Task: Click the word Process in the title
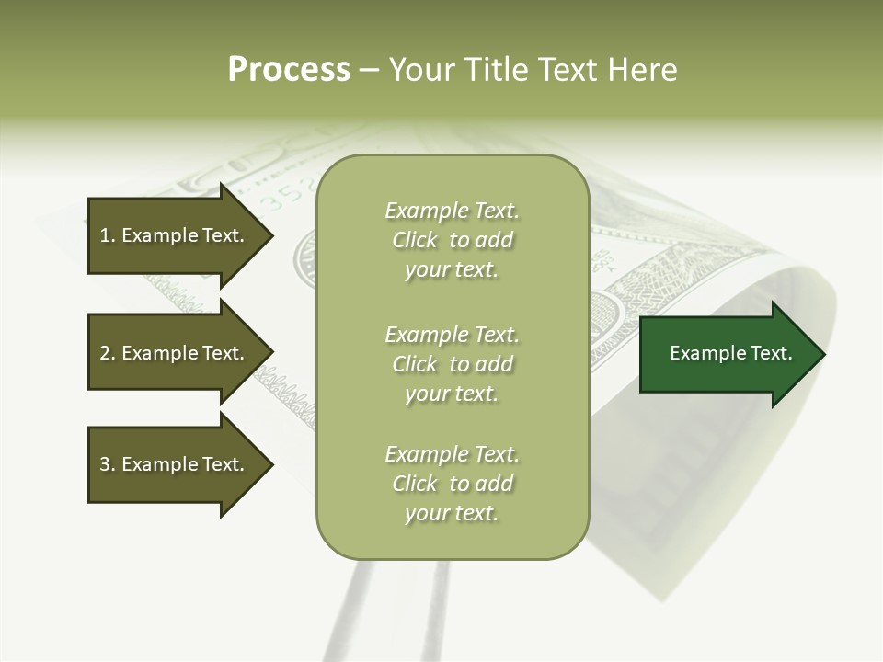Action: coord(289,70)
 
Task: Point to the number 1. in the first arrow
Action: coord(108,235)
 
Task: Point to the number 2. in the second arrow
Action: coord(108,353)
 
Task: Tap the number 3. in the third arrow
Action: coord(108,464)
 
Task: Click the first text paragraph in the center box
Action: coord(452,240)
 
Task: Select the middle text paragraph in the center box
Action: coord(452,363)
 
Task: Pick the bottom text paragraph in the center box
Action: coord(452,484)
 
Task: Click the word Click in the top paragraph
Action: coord(415,240)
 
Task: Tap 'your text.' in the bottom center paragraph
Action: coord(452,513)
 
